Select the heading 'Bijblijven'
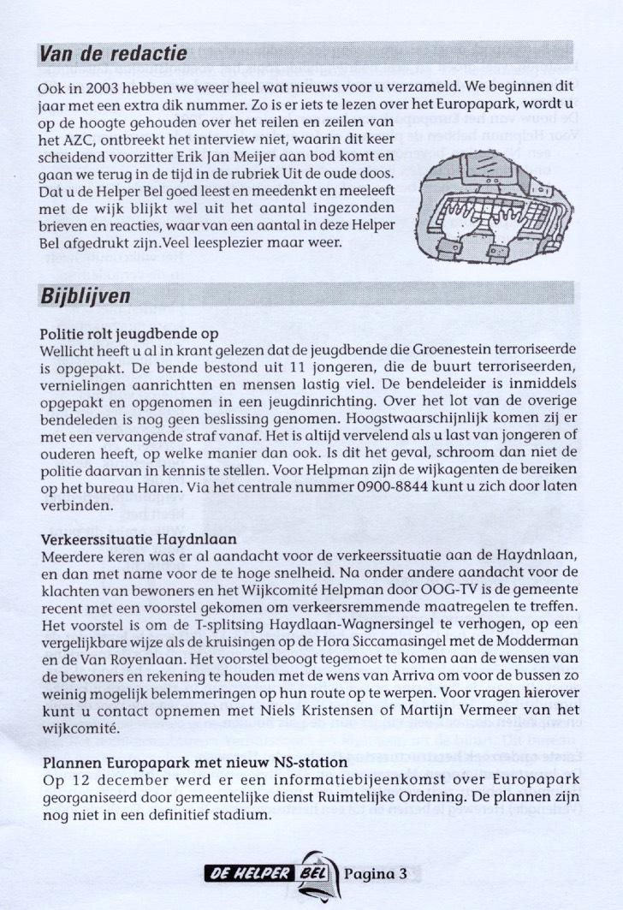[x=86, y=295]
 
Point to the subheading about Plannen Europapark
[x=193, y=762]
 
